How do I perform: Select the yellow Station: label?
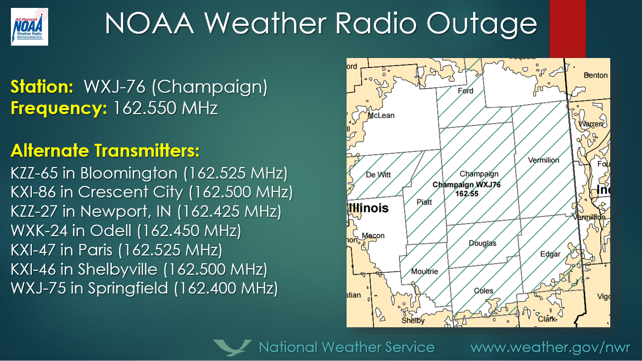[42, 87]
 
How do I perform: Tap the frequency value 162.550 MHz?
[166, 108]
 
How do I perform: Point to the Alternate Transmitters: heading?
[105, 150]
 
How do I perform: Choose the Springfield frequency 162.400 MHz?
[225, 288]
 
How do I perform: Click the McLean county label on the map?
[381, 115]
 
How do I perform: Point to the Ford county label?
[465, 91]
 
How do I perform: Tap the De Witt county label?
[378, 174]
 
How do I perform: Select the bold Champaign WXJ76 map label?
[467, 185]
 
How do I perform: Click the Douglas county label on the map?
[482, 243]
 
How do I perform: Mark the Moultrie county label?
[425, 271]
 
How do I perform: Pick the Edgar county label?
[550, 254]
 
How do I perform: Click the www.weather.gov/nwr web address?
[550, 347]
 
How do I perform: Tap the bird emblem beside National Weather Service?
[232, 347]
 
